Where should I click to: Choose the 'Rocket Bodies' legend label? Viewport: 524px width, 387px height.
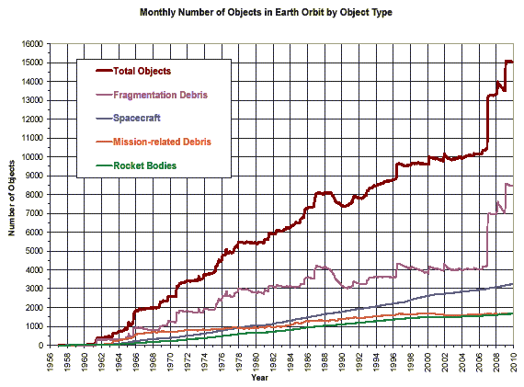(x=146, y=166)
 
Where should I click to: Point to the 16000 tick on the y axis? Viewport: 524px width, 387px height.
(x=31, y=43)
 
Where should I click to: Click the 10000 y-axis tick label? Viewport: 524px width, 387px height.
(x=31, y=156)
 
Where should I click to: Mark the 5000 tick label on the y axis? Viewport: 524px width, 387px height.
(x=34, y=251)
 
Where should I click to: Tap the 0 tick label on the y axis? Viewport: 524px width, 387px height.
(x=41, y=346)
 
